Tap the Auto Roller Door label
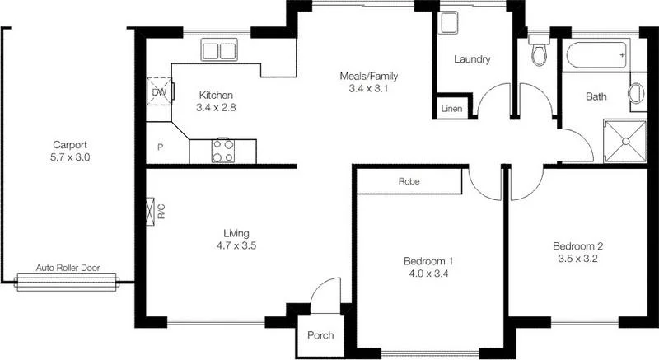click(68, 269)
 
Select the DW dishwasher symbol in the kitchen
click(157, 91)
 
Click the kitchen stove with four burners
click(222, 150)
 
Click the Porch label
click(320, 336)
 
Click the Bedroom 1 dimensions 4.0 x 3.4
click(428, 274)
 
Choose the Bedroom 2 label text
click(577, 245)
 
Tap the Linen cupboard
click(451, 109)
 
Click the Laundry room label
click(473, 59)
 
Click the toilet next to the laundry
click(539, 53)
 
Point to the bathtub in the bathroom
click(597, 57)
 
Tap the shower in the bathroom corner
click(625, 141)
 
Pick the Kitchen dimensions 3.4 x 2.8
click(216, 107)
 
